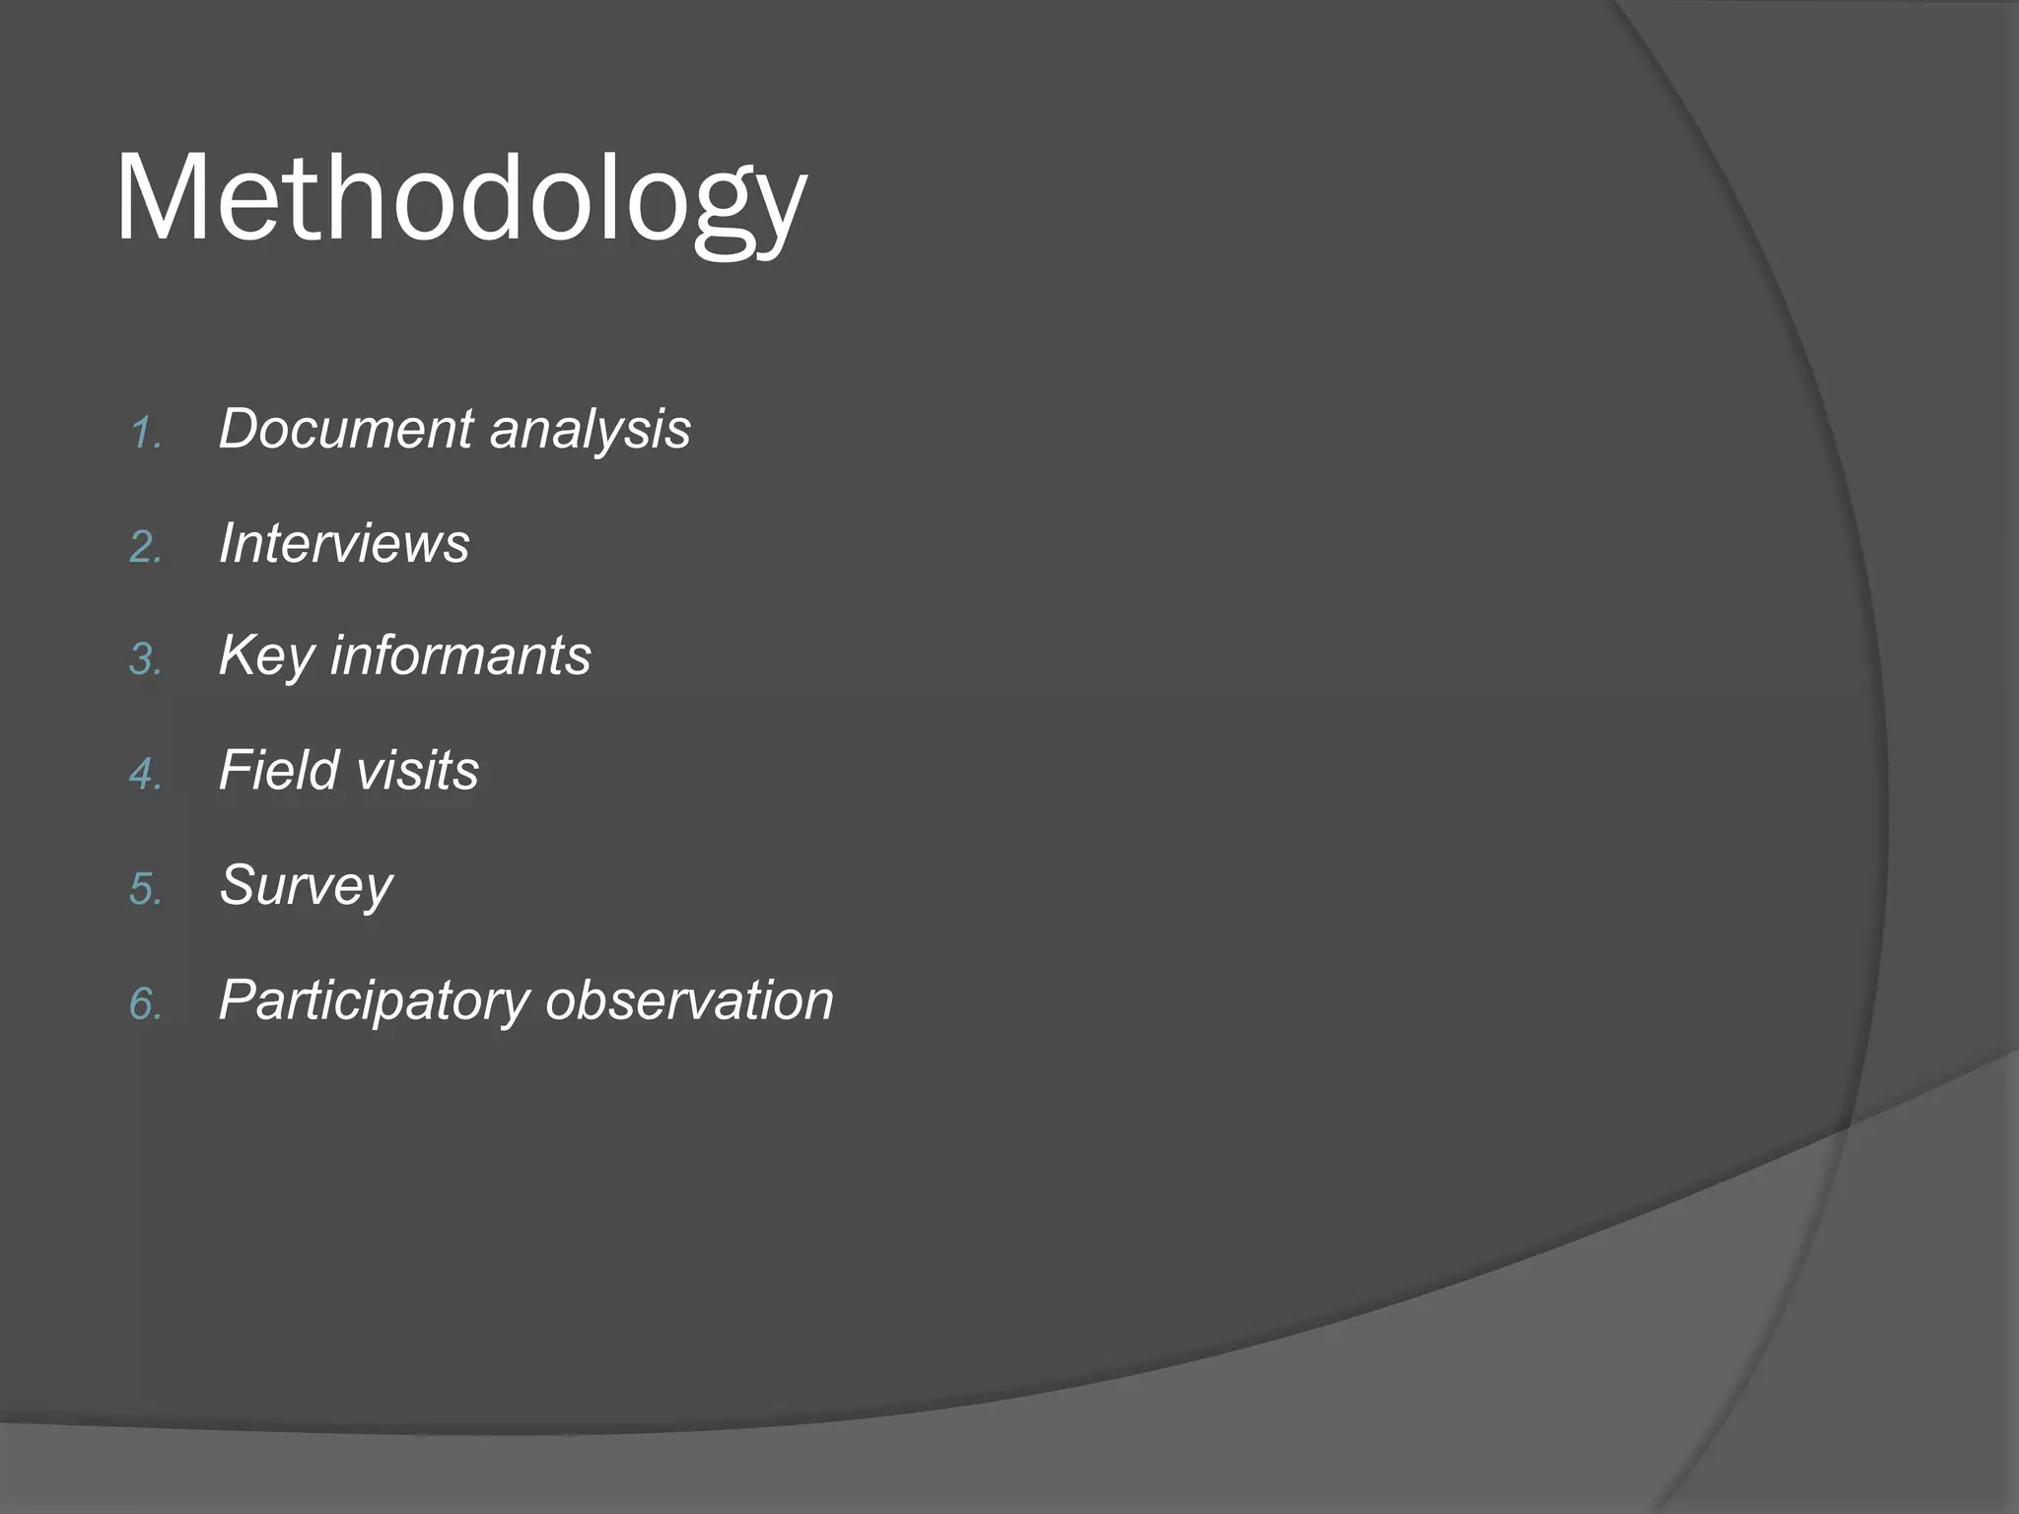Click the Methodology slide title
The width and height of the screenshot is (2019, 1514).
tap(460, 200)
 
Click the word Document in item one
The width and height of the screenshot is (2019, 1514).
tap(346, 430)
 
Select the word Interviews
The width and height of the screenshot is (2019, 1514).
tap(344, 543)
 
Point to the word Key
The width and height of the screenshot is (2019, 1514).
tap(265, 657)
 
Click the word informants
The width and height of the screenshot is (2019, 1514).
tap(459, 655)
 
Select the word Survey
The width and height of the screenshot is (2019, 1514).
tap(306, 886)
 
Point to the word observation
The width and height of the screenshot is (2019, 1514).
tap(689, 1000)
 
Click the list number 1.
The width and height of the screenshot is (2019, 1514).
tap(144, 434)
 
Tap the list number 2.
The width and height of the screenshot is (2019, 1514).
tap(145, 548)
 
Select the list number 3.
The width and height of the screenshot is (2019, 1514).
tap(145, 660)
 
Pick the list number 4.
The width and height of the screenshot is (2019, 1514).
tap(145, 775)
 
